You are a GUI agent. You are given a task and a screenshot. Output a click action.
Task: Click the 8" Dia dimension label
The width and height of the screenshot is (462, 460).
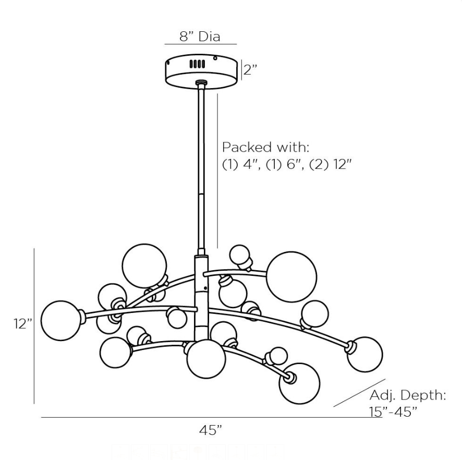point(200,37)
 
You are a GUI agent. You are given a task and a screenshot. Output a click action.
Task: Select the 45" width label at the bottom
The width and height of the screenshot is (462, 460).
point(211,430)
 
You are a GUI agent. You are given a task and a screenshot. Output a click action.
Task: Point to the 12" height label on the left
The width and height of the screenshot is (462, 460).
point(23,324)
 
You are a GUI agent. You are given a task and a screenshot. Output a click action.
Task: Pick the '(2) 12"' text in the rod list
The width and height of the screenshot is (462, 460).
point(332,164)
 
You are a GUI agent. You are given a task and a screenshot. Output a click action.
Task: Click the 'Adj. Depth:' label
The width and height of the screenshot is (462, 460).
point(408,395)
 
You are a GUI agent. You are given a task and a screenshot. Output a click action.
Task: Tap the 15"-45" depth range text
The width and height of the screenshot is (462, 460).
point(394,411)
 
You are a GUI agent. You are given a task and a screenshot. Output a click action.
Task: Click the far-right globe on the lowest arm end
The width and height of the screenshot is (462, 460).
point(364,354)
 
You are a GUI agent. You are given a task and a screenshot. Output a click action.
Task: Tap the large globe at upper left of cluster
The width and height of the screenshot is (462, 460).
point(144,265)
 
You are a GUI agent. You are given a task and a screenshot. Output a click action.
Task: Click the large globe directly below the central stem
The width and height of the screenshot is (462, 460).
point(206,359)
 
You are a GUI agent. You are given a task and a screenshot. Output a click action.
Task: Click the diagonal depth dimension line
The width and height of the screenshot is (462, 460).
point(359,392)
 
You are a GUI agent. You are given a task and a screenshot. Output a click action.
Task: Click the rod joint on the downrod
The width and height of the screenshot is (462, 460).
point(201,193)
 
